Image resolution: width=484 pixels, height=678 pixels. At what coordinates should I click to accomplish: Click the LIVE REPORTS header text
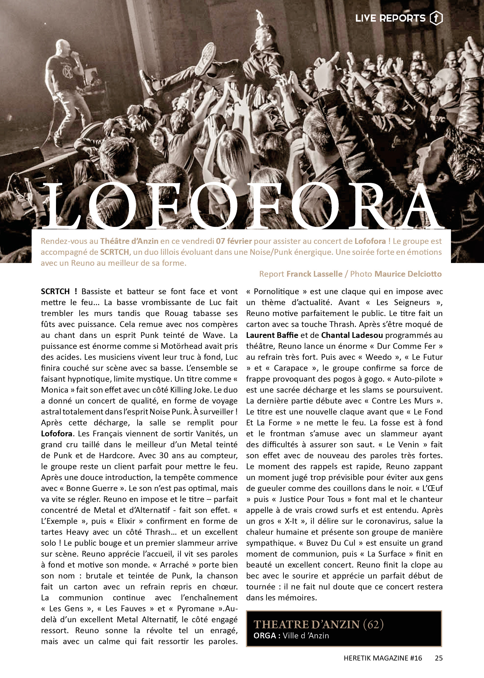[x=390, y=18]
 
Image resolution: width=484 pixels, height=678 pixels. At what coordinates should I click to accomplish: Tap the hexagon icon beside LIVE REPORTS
[x=436, y=18]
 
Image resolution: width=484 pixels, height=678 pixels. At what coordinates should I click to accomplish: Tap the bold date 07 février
[x=234, y=241]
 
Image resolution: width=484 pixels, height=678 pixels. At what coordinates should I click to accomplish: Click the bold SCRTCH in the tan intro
[x=114, y=252]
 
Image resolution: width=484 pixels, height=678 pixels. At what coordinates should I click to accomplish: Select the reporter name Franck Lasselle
[x=314, y=274]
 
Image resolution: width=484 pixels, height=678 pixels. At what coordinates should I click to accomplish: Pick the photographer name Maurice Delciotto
[x=408, y=274]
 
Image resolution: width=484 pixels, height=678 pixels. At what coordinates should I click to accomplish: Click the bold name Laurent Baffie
[x=272, y=335]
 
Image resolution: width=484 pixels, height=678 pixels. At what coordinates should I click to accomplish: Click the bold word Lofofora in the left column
[x=56, y=434]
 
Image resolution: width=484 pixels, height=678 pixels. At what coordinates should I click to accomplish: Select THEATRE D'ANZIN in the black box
[x=307, y=625]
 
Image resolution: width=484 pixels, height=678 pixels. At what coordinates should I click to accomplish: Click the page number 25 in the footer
[x=439, y=658]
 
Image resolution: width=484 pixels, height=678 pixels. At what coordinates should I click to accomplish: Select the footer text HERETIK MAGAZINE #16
[x=383, y=658]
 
